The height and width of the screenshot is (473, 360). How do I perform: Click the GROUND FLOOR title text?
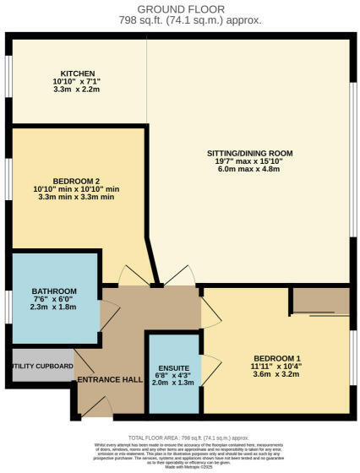click(x=179, y=7)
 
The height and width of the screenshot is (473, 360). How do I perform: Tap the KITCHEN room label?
click(x=77, y=73)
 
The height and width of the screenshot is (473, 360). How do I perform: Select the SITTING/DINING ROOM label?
click(x=249, y=154)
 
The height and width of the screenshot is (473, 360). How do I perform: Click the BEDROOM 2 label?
click(x=77, y=181)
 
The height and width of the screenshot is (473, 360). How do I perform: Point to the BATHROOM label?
click(x=54, y=291)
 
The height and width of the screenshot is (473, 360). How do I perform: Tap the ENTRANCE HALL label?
click(x=110, y=380)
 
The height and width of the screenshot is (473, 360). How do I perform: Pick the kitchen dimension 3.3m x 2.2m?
click(x=77, y=90)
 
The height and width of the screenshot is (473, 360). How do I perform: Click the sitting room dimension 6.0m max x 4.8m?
click(x=249, y=171)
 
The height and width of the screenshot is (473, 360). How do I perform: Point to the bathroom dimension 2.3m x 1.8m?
click(x=54, y=307)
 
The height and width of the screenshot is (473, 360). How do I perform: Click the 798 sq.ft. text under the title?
click(x=179, y=19)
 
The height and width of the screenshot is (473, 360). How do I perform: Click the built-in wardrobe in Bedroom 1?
click(x=319, y=300)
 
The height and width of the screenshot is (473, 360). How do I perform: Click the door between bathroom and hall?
click(x=108, y=313)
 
